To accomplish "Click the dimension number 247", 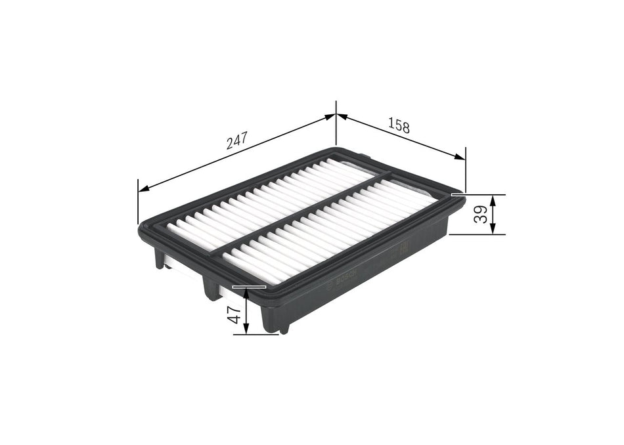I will [x=236, y=140].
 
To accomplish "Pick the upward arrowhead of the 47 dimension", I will [x=246, y=293].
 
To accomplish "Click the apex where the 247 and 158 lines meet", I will [x=336, y=115].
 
